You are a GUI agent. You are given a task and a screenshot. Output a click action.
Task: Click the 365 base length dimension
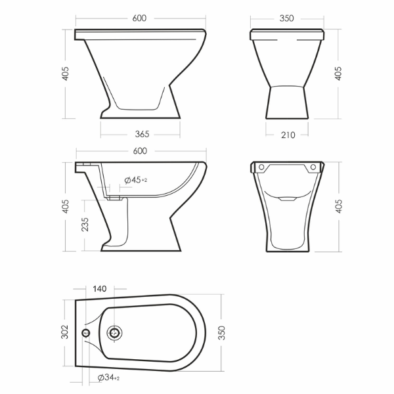point(142,134)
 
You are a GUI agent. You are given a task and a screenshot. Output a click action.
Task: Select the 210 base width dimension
point(288,135)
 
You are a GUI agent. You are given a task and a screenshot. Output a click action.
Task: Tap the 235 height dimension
point(85,225)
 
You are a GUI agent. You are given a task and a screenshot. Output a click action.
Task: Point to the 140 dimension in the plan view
point(100,289)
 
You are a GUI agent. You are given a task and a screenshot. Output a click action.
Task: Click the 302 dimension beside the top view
point(65,332)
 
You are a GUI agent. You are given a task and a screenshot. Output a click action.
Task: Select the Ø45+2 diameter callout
point(136,180)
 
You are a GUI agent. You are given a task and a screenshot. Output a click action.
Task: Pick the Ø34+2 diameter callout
point(108,378)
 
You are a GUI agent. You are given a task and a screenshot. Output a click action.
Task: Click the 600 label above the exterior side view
point(139,18)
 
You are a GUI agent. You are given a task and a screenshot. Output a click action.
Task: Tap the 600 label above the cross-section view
point(140,151)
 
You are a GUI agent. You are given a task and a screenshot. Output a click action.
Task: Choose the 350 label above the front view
point(286,18)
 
